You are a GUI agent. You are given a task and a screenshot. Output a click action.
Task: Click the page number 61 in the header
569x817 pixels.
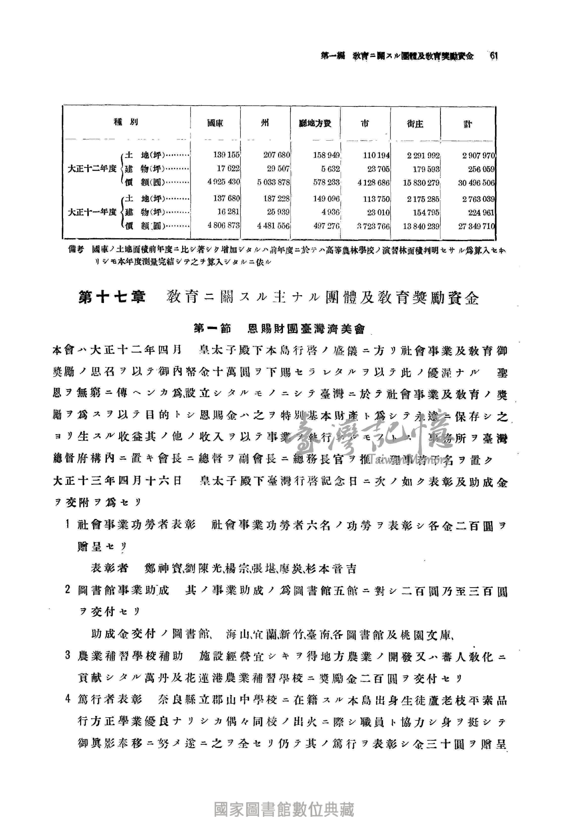click(x=493, y=56)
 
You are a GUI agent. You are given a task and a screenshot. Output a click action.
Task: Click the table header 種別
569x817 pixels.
click(x=126, y=122)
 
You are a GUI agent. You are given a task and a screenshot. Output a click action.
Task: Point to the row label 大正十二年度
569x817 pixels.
click(x=92, y=169)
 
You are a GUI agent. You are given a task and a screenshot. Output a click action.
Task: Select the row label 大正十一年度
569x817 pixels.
click(x=92, y=212)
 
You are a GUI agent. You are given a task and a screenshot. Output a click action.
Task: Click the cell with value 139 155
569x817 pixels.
click(x=226, y=155)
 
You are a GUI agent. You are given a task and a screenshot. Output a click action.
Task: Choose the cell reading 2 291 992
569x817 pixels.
click(x=423, y=155)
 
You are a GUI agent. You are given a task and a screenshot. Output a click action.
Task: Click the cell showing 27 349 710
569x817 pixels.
click(x=476, y=226)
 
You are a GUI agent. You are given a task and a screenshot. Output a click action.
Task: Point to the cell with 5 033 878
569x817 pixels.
click(x=273, y=182)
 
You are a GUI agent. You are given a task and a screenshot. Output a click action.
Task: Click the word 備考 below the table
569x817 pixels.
click(x=76, y=250)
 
